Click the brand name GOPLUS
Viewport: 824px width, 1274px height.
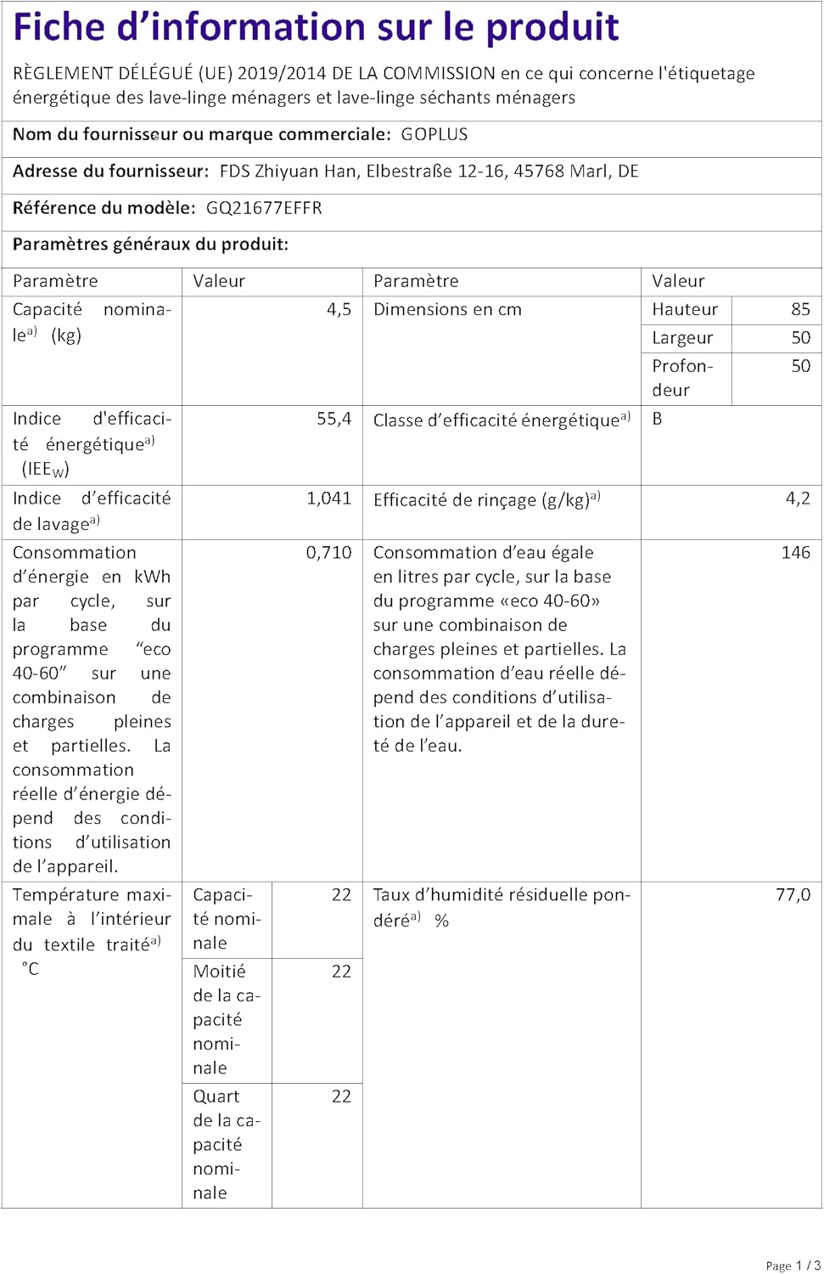[x=434, y=135]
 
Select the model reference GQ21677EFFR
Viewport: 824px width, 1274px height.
[x=264, y=208]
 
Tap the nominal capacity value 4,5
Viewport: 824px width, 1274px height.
[x=339, y=310]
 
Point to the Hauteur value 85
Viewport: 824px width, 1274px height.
[x=800, y=310]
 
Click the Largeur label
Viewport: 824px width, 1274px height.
[x=682, y=338]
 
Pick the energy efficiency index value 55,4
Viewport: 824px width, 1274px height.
[x=334, y=419]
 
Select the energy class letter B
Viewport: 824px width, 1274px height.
[x=658, y=419]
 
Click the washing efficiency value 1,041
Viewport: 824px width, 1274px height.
[x=328, y=499]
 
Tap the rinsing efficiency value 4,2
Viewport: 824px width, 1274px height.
[x=798, y=499]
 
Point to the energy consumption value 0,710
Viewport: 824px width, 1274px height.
[x=328, y=553]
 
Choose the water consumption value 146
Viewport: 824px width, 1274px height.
[x=795, y=553]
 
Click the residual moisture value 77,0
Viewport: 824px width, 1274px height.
[x=793, y=895]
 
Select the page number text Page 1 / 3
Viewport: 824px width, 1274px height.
[x=793, y=1266]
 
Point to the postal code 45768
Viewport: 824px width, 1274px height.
[x=539, y=172]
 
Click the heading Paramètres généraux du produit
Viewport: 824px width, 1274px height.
[x=150, y=245]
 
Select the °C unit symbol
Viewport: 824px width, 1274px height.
[x=30, y=969]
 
